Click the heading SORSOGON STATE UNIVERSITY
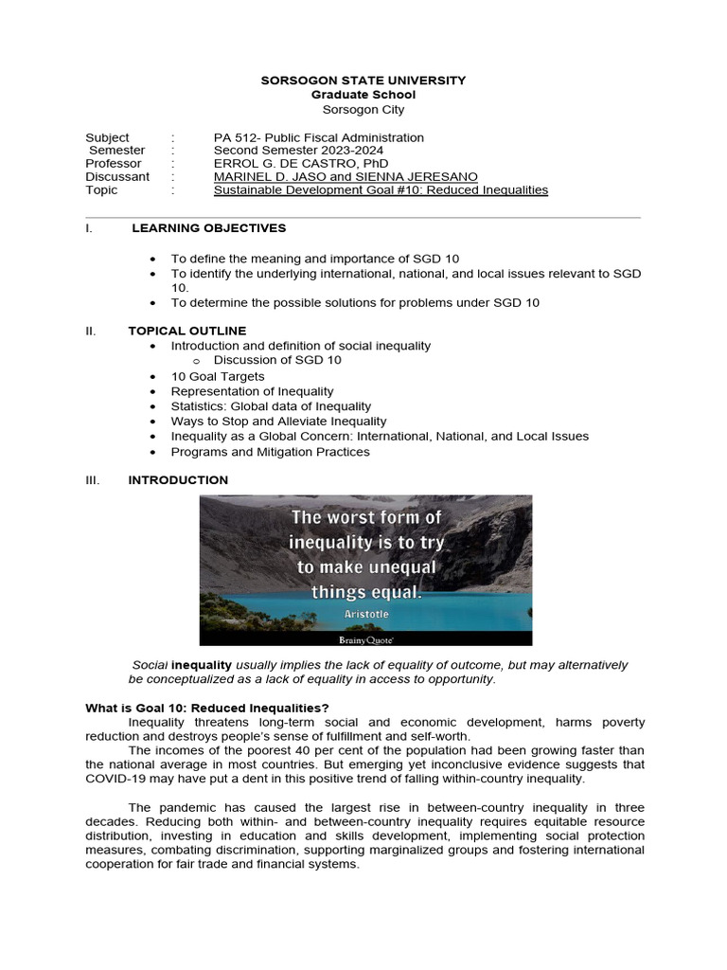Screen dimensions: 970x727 [363, 81]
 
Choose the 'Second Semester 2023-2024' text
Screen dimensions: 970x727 [298, 150]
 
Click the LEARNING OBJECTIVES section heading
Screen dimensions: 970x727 [208, 228]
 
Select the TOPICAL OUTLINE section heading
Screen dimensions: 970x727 [186, 331]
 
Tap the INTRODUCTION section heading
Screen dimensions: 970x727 [178, 480]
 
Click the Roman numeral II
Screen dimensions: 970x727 [91, 331]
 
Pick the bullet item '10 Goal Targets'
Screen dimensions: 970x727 [218, 376]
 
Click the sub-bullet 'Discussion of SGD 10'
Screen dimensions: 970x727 [277, 360]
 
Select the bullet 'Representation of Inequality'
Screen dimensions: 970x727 [252, 391]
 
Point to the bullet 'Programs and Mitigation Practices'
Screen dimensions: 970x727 [270, 452]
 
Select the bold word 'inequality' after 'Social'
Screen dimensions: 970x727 [201, 666]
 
